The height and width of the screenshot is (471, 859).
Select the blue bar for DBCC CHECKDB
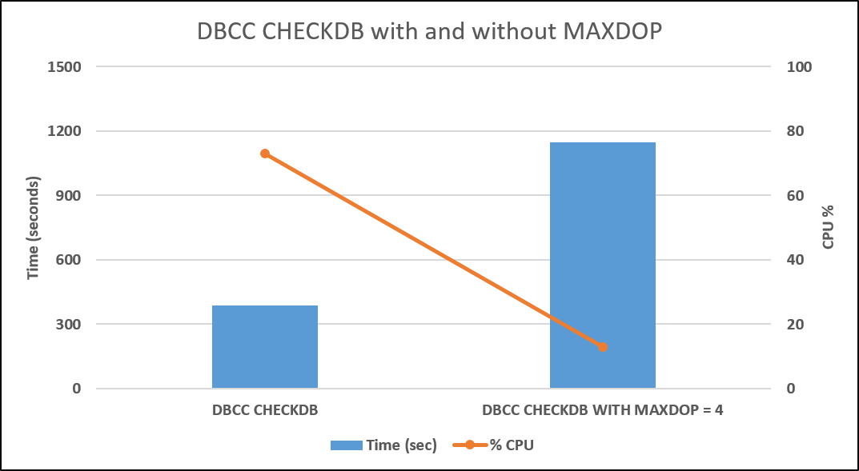tap(265, 347)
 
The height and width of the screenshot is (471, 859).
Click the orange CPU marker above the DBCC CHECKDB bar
tap(265, 154)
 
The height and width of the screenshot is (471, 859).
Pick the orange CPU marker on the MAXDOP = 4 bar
tap(603, 347)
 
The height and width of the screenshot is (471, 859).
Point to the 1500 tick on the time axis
tap(66, 67)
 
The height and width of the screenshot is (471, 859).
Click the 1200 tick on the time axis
tap(66, 131)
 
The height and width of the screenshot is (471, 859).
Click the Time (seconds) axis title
tap(34, 228)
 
